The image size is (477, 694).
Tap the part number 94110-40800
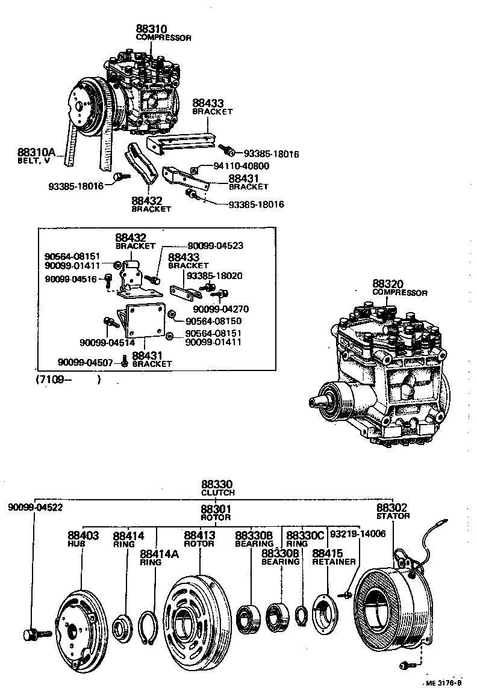[x=242, y=166]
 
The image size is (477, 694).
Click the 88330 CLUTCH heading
[x=217, y=487]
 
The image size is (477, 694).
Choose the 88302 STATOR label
[x=393, y=511]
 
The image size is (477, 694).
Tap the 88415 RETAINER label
[x=333, y=557]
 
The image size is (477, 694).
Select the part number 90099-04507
[x=89, y=362]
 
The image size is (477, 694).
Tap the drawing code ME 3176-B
[x=446, y=683]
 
